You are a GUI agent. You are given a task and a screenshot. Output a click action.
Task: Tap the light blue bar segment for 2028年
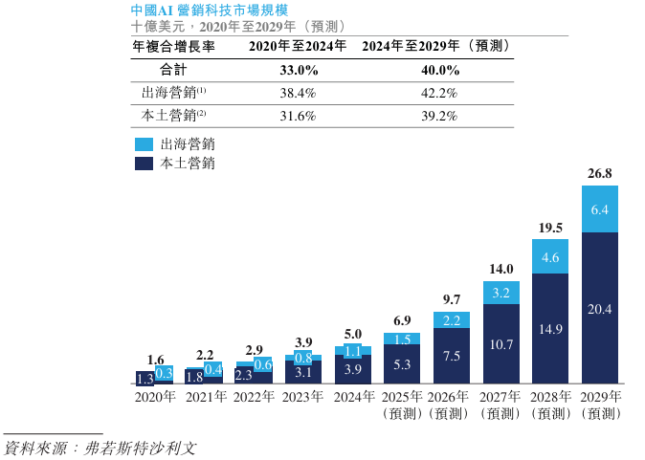click(x=550, y=257)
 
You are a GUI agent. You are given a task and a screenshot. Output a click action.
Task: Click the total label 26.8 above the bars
click(x=600, y=174)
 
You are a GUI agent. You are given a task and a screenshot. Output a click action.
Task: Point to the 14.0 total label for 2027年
click(x=500, y=269)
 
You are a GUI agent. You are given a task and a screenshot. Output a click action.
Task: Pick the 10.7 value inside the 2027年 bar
click(x=500, y=343)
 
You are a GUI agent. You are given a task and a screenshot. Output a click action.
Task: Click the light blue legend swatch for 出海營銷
click(x=144, y=144)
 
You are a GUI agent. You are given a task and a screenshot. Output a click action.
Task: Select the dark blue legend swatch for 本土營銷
click(x=144, y=164)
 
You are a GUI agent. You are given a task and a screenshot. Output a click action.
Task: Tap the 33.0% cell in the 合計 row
click(x=299, y=71)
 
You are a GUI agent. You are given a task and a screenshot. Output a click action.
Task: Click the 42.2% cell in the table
click(x=435, y=94)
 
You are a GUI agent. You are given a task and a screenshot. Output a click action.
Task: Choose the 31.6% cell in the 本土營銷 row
click(x=299, y=116)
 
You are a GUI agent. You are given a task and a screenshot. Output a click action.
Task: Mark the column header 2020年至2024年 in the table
click(x=298, y=47)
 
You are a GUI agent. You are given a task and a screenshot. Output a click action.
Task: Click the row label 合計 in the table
click(x=174, y=71)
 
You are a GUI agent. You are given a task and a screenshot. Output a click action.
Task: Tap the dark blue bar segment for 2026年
click(x=452, y=356)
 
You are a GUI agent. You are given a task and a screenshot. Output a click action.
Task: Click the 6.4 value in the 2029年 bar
click(x=600, y=209)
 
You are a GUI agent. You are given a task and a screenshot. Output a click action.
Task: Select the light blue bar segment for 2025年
click(x=402, y=339)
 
